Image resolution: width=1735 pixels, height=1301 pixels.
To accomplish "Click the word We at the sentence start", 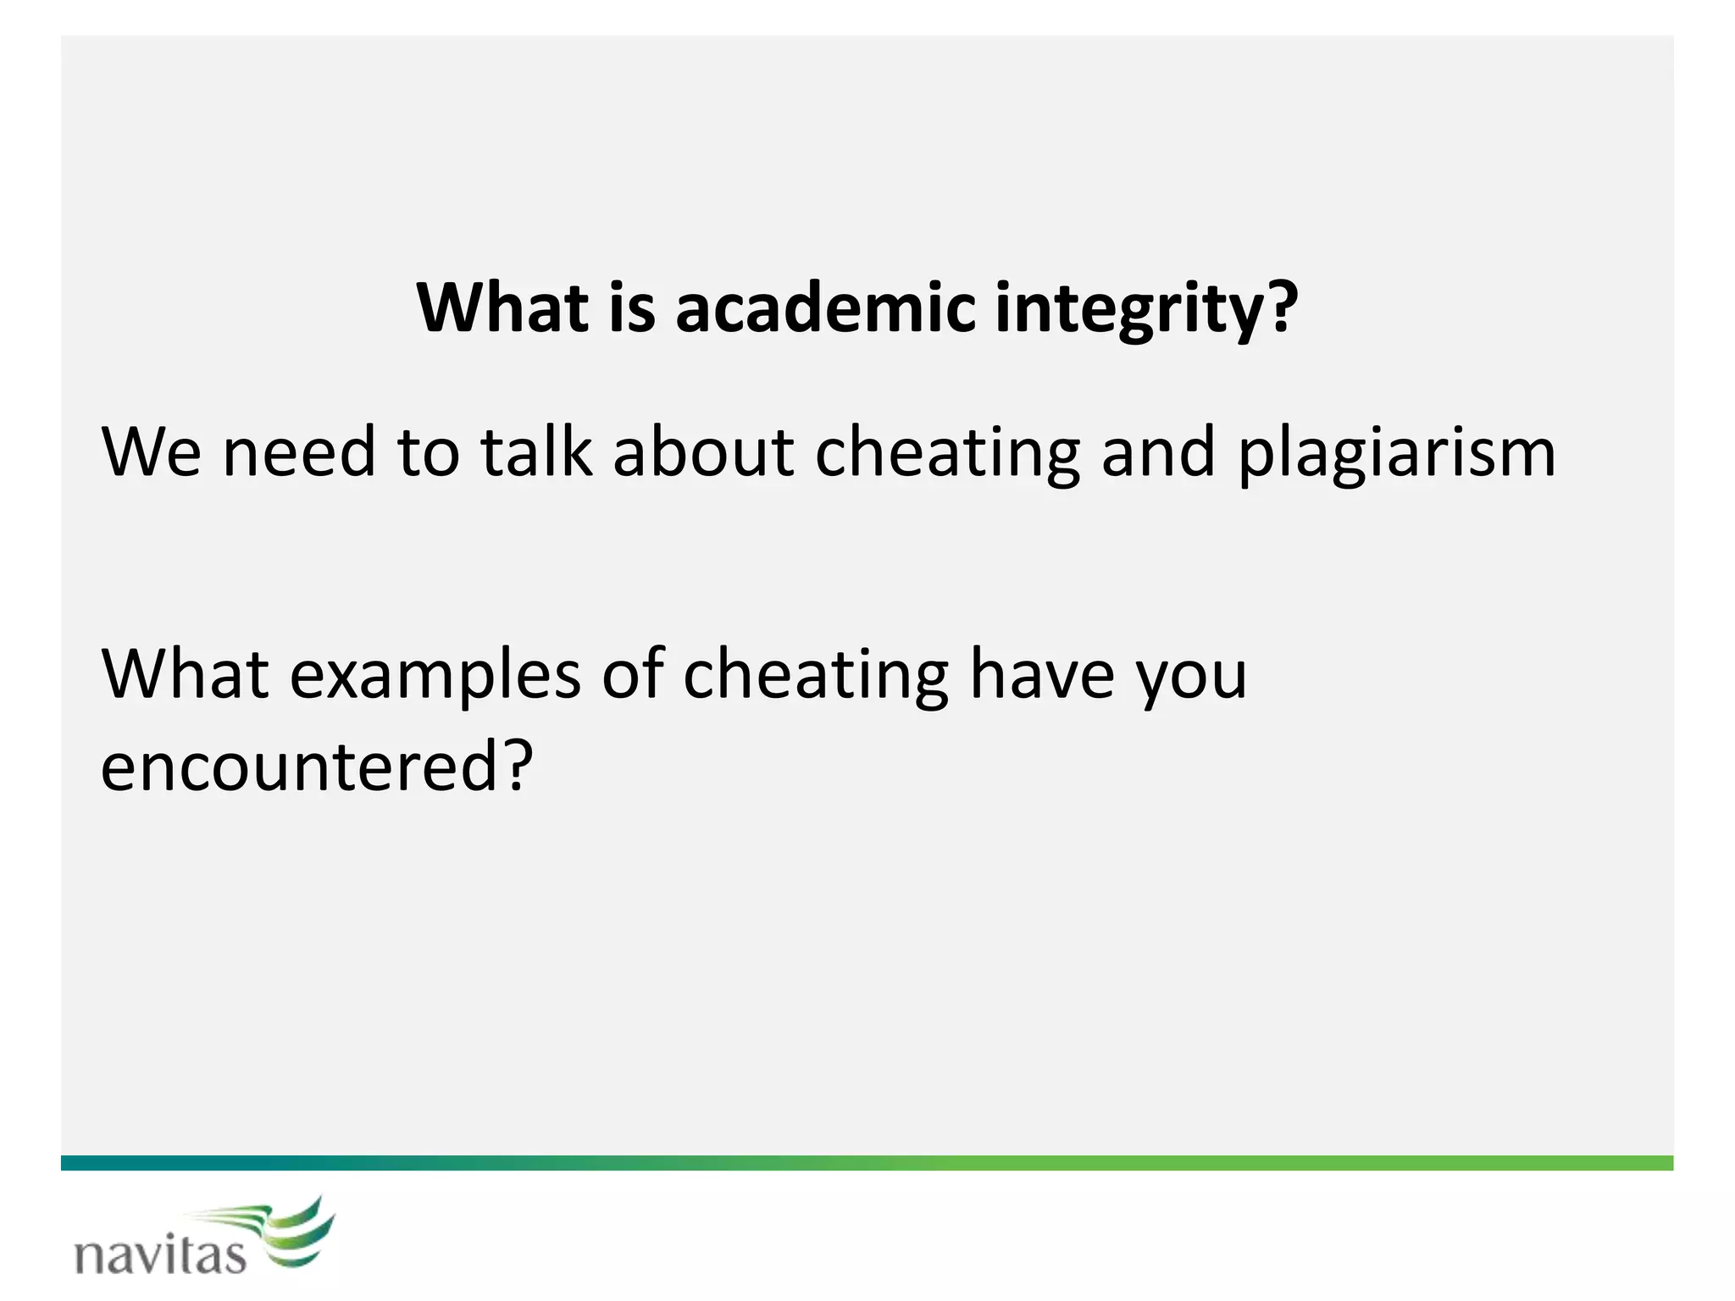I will pos(152,452).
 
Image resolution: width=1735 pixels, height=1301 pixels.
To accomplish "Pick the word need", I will pos(298,452).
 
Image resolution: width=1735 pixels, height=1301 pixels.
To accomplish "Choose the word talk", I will pos(535,452).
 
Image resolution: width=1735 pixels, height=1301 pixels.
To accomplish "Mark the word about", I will pos(703,452).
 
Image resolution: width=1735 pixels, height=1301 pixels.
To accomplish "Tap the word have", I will pos(1042,674).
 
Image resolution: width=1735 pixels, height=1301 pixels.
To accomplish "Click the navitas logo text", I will pos(161,1254).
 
